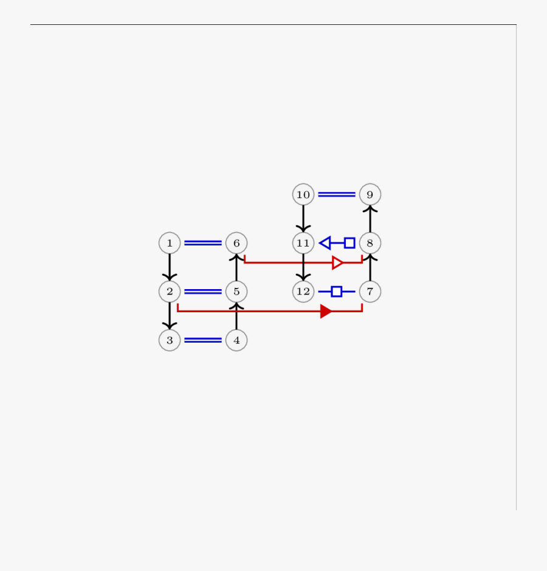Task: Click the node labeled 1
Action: [x=170, y=243]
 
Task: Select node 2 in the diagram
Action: [x=170, y=292]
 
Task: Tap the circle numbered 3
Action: [x=170, y=340]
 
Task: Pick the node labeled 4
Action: [x=236, y=340]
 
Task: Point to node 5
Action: [x=236, y=292]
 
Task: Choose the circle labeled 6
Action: [x=236, y=243]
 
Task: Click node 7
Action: [x=370, y=292]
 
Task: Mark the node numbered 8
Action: [x=370, y=243]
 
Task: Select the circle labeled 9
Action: [x=370, y=194]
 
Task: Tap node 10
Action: [x=303, y=194]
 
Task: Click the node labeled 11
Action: [x=303, y=243]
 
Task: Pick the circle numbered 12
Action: [x=303, y=292]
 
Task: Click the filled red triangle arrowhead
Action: [x=326, y=312]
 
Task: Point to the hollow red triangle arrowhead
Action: [x=338, y=263]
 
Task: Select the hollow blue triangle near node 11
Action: [x=325, y=243]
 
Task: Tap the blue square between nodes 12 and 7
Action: [x=337, y=292]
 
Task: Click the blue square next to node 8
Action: [x=349, y=243]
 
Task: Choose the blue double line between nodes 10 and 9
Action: [x=337, y=194]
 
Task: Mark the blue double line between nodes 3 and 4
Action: [x=203, y=340]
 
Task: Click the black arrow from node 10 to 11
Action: [x=303, y=219]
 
